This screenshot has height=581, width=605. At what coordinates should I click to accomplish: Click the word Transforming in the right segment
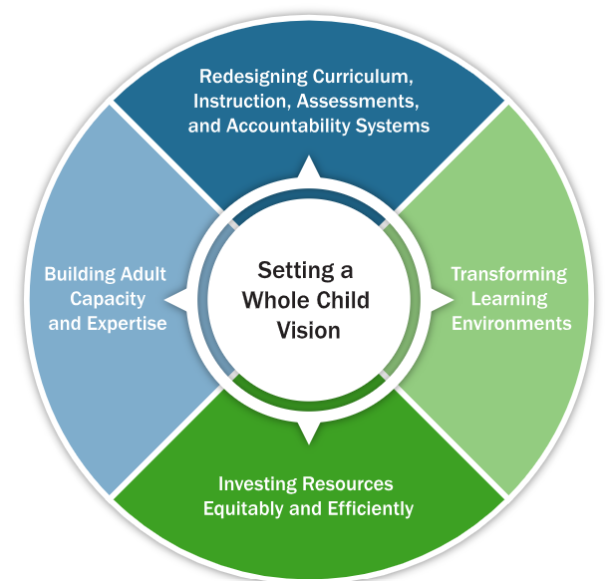point(508,274)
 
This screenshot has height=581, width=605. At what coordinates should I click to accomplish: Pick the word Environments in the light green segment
point(511,323)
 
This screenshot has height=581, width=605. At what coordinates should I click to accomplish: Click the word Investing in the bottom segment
point(253,484)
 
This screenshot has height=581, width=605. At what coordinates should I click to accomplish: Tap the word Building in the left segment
point(76,274)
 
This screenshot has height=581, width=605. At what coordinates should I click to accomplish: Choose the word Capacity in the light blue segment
point(108,299)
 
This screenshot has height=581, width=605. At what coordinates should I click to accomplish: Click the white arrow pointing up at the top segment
point(309,168)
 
